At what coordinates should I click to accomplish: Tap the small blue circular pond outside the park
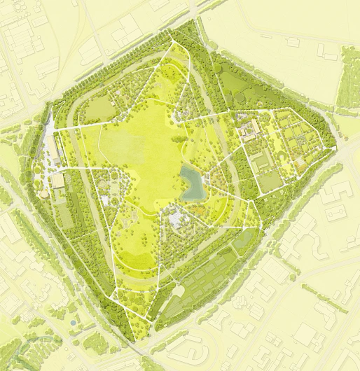click(x=72, y=323)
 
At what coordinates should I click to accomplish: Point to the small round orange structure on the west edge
click(x=44, y=192)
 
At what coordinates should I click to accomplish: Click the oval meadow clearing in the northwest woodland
click(x=100, y=107)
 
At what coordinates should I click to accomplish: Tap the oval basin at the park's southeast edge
click(x=243, y=240)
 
